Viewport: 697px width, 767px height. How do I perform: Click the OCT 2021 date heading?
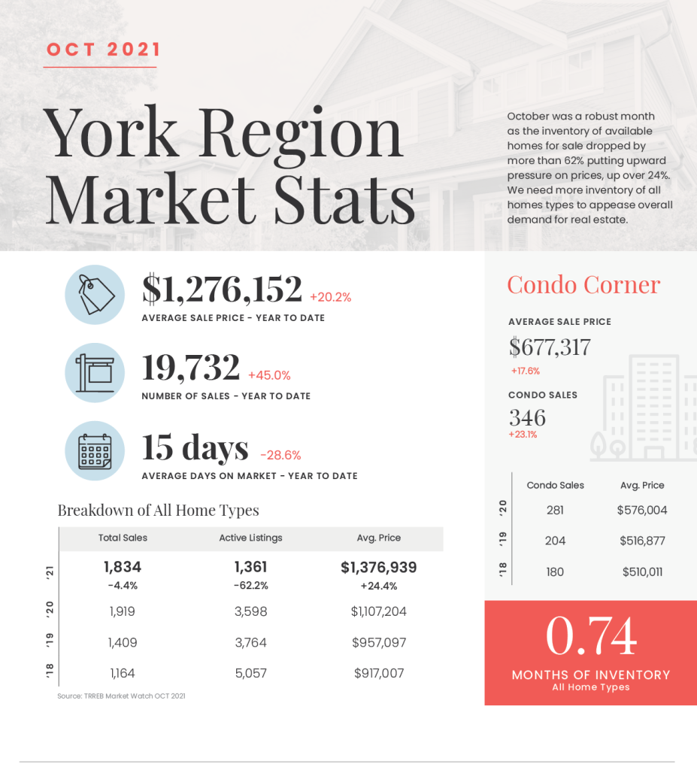[x=104, y=50]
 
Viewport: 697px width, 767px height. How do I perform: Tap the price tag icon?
[x=95, y=295]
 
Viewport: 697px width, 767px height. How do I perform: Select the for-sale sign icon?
[x=95, y=372]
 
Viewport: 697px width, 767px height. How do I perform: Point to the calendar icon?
[x=95, y=451]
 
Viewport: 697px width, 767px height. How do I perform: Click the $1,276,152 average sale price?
[x=222, y=290]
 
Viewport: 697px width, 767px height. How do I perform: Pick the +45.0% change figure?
[x=269, y=375]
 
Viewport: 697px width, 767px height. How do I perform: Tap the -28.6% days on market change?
[x=280, y=455]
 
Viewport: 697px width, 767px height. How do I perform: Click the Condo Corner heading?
[x=583, y=284]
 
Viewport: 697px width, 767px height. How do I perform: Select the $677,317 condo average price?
[x=550, y=347]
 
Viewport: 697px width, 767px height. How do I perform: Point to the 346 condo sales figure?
[x=527, y=417]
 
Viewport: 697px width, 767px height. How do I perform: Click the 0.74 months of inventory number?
[x=590, y=636]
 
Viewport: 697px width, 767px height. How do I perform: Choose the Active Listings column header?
[x=250, y=538]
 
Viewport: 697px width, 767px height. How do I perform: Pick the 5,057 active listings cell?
[x=250, y=674]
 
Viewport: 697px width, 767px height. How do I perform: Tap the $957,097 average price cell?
[x=379, y=643]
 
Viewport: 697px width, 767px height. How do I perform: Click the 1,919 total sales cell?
[x=123, y=611]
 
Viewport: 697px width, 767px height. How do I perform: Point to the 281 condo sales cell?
[x=555, y=510]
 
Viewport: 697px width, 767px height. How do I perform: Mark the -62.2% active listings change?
[x=250, y=586]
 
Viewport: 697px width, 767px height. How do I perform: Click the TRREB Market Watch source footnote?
[x=121, y=696]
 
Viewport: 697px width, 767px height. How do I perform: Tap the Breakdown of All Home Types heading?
[x=158, y=511]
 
